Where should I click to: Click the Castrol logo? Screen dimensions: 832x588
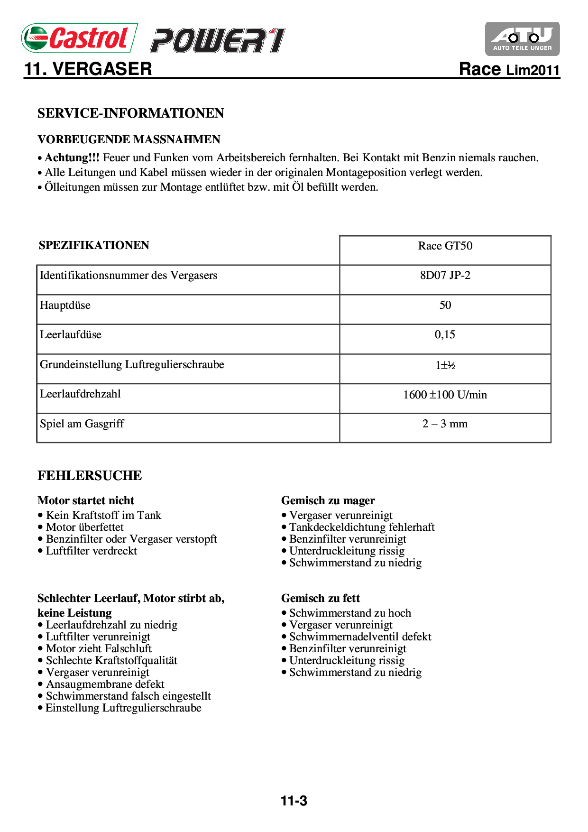pyautogui.click(x=79, y=38)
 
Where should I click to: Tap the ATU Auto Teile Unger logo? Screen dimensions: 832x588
pyautogui.click(x=522, y=39)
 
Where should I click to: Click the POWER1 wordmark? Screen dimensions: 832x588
pyautogui.click(x=218, y=40)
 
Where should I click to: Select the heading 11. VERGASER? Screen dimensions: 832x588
pyautogui.click(x=88, y=69)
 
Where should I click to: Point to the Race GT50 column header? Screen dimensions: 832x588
pyautogui.click(x=445, y=246)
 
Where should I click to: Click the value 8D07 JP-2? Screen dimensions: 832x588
pyautogui.click(x=445, y=276)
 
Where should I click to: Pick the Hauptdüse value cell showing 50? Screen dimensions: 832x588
pyautogui.click(x=445, y=305)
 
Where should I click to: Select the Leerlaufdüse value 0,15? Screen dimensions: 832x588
pyautogui.click(x=445, y=335)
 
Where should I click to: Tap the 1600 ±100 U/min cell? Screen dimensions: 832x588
pyautogui.click(x=445, y=395)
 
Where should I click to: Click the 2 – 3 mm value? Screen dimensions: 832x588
pyautogui.click(x=445, y=424)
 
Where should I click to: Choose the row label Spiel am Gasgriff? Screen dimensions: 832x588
pyautogui.click(x=82, y=424)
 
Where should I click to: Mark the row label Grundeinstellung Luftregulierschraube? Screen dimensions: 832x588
pyautogui.click(x=132, y=364)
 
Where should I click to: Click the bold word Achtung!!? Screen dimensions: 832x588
pyautogui.click(x=72, y=157)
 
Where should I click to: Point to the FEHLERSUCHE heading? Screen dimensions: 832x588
pyautogui.click(x=90, y=475)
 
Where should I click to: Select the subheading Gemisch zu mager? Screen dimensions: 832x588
pyautogui.click(x=328, y=500)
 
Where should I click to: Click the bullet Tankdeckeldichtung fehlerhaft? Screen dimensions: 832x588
pyautogui.click(x=362, y=527)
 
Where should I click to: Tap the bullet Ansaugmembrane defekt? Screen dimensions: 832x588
pyautogui.click(x=105, y=684)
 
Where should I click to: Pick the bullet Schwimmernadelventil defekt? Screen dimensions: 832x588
pyautogui.click(x=360, y=637)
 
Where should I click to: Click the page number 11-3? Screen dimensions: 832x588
pyautogui.click(x=294, y=801)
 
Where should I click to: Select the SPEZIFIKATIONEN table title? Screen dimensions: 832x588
pyautogui.click(x=94, y=245)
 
